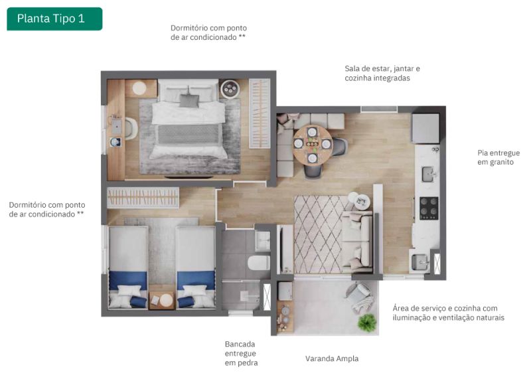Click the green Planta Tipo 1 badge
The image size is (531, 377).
54,19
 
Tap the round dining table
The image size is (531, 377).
312,145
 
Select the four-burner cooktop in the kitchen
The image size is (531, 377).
429,208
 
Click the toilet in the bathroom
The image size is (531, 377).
259,263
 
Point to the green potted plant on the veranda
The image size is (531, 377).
367,322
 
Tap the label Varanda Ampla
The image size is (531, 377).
332,358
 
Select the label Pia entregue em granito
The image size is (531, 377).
498,157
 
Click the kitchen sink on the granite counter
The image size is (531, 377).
429,174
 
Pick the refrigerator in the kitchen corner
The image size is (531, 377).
425,128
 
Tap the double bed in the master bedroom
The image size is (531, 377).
189,119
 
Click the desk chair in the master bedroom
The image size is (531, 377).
131,128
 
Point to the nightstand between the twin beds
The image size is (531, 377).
162,301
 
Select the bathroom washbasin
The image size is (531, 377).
263,241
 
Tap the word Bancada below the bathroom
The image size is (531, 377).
240,344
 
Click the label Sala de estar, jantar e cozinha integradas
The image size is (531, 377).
382,73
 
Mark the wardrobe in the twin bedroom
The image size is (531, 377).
143,198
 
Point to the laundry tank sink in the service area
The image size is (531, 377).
420,262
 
